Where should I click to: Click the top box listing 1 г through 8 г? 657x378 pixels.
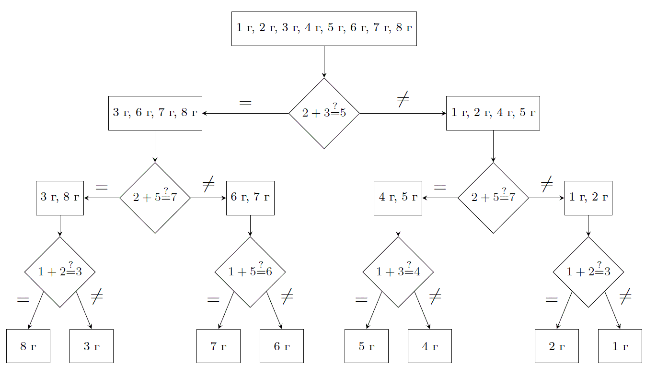pyautogui.click(x=324, y=28)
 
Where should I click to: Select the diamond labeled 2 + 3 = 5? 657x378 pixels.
pyautogui.click(x=324, y=113)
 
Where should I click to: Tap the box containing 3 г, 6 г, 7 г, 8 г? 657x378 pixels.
pyautogui.click(x=155, y=113)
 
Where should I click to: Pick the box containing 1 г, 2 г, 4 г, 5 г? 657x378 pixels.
pyautogui.click(x=493, y=113)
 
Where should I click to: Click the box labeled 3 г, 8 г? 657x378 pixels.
pyautogui.click(x=60, y=198)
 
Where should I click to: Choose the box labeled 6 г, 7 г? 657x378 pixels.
pyautogui.click(x=250, y=198)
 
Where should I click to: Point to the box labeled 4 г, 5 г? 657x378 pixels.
pyautogui.click(x=398, y=198)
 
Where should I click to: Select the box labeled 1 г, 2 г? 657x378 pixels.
pyautogui.click(x=588, y=198)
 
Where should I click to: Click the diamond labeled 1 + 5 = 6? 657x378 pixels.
pyautogui.click(x=250, y=272)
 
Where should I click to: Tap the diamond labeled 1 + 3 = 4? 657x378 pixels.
pyautogui.click(x=398, y=272)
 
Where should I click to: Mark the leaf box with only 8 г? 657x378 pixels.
pyautogui.click(x=28, y=346)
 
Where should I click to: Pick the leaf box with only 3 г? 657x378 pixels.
pyautogui.click(x=92, y=346)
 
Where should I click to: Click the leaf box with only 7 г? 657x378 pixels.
pyautogui.click(x=219, y=346)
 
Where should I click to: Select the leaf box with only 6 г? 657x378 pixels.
pyautogui.click(x=282, y=346)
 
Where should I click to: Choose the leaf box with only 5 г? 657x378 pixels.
pyautogui.click(x=367, y=346)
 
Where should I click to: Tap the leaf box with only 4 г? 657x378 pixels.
pyautogui.click(x=430, y=346)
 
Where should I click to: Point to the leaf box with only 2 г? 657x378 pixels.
pyautogui.click(x=557, y=346)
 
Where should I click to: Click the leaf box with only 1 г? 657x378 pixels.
pyautogui.click(x=620, y=346)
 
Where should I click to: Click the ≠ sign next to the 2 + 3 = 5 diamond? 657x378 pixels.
pyautogui.click(x=403, y=99)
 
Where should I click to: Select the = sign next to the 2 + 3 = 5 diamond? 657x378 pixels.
pyautogui.click(x=245, y=103)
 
